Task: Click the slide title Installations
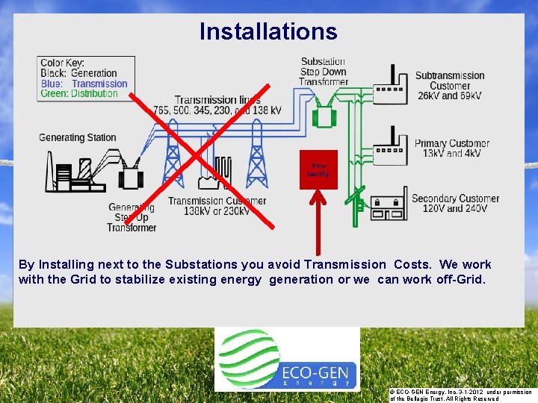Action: tap(268, 31)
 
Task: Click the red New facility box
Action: tap(318, 170)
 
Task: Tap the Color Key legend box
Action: tap(87, 78)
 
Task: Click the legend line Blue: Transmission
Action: tap(84, 84)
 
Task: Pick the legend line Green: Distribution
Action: tap(79, 94)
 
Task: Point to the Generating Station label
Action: tap(78, 137)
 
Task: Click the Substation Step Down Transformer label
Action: tap(324, 72)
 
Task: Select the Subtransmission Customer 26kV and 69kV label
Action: tap(450, 86)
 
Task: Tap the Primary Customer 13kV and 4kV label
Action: tap(452, 148)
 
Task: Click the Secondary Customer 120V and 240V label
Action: tap(455, 203)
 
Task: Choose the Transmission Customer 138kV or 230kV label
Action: tap(217, 206)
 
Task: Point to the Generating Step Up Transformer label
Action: tap(132, 217)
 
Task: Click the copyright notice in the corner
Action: tap(460, 395)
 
